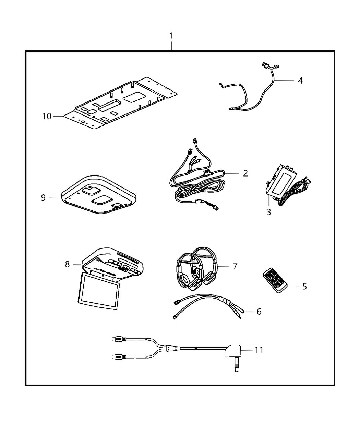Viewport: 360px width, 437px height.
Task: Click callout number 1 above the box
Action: tap(171, 36)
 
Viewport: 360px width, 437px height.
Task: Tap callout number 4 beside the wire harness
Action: tap(300, 81)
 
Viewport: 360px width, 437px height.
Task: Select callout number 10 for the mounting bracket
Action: tap(47, 116)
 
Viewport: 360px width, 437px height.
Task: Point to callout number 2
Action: tap(245, 173)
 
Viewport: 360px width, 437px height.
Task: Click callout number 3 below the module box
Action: tap(268, 212)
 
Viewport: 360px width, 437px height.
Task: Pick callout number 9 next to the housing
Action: tap(43, 198)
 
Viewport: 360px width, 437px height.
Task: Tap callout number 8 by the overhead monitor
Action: tap(67, 264)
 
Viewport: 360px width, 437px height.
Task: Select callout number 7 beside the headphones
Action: tap(235, 266)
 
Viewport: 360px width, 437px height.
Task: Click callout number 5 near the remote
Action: tap(304, 286)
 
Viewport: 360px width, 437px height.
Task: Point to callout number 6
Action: tap(259, 311)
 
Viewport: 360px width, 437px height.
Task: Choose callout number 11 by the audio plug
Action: tap(259, 350)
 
